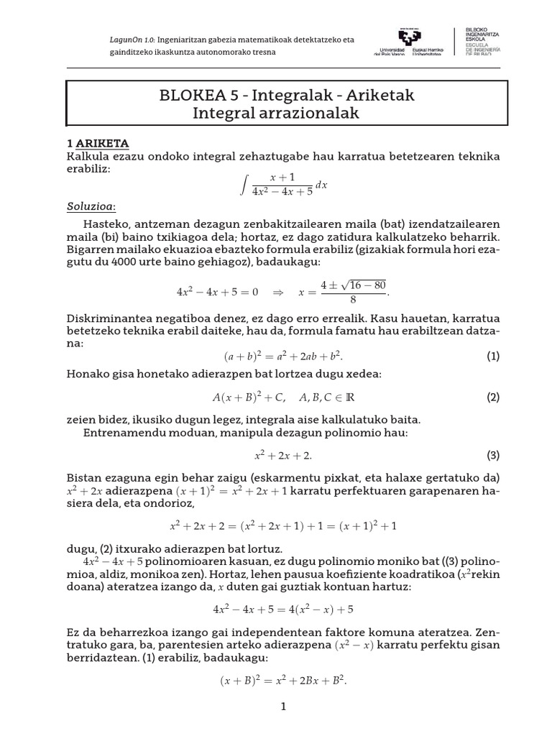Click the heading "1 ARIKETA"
coord(97,143)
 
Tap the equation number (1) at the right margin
coord(492,356)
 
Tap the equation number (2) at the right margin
coord(492,397)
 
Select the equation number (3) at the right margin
coord(492,455)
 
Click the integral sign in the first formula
coord(244,185)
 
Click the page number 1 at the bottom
coord(283,707)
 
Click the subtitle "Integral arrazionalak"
coord(275,113)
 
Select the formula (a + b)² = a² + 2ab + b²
coord(283,356)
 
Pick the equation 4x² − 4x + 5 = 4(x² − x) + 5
coord(283,609)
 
